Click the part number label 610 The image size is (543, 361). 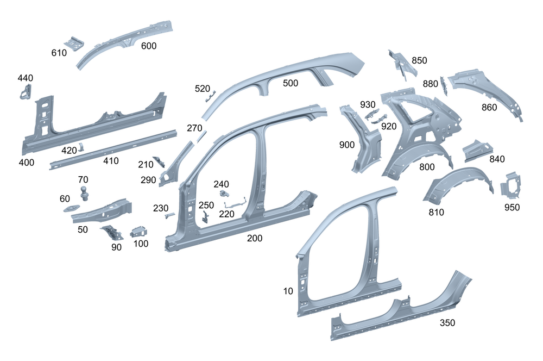click(59, 53)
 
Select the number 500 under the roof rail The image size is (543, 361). click(291, 83)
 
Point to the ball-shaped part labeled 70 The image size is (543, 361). click(85, 192)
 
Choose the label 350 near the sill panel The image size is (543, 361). click(447, 323)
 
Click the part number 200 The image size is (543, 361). click(255, 238)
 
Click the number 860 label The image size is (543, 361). click(489, 108)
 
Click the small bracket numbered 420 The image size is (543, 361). click(81, 146)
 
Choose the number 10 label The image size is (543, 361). click(288, 291)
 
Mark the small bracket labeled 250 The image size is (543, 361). click(205, 216)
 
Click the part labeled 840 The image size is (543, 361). click(478, 150)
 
